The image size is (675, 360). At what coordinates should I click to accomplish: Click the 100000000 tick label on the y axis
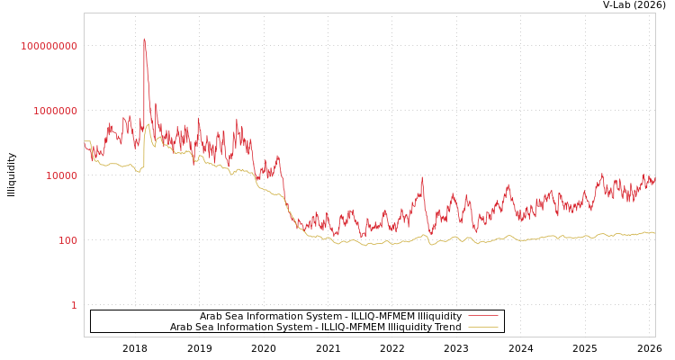49,46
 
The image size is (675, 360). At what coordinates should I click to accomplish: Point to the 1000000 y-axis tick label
56,111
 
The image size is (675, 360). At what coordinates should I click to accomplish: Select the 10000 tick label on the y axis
62,175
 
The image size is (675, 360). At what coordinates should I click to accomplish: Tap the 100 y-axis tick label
68,240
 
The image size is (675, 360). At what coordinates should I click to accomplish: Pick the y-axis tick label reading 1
74,305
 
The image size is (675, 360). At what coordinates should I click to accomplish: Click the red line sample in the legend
483,316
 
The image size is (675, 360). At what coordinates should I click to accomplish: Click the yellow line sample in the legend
483,327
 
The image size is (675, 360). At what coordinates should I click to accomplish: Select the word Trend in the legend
447,327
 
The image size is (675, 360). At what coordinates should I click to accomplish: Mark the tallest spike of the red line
144,39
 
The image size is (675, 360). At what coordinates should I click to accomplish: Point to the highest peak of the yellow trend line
148,124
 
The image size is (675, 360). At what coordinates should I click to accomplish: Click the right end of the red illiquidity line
654,181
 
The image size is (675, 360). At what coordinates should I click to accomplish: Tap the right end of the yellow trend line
654,232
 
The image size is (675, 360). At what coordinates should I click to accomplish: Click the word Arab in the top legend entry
211,316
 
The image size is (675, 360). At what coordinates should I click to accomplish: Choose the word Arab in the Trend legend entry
181,327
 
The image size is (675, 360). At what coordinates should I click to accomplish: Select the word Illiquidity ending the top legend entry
440,316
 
